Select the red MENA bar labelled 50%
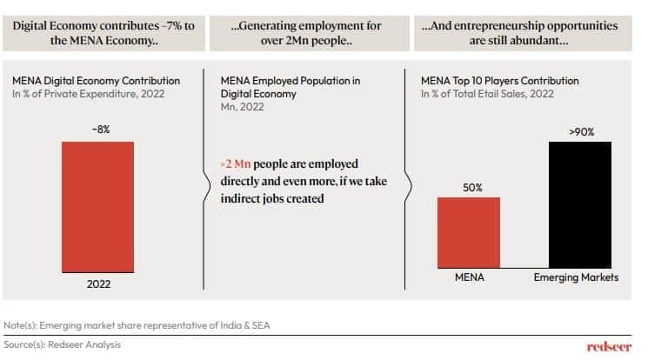click(x=468, y=232)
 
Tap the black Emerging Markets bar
click(x=580, y=204)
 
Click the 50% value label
click(x=468, y=187)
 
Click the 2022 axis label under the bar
click(x=97, y=283)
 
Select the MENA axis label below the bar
click(x=468, y=278)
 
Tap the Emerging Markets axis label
click(x=580, y=278)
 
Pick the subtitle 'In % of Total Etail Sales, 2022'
click(x=477, y=94)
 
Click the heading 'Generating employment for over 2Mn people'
click(x=305, y=33)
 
